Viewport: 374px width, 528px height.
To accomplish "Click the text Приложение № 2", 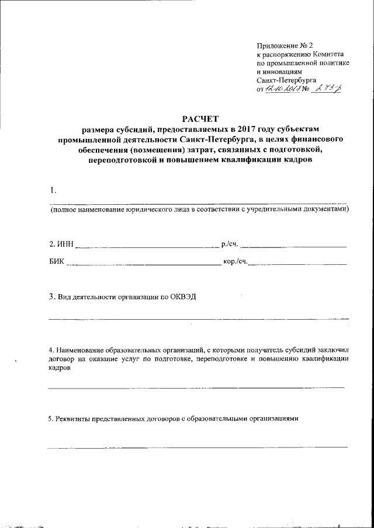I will [x=285, y=45].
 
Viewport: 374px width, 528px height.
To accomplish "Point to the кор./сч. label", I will [x=235, y=263].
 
